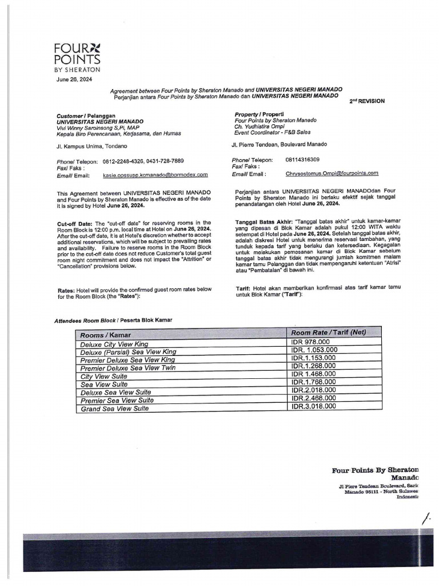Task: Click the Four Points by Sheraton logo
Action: tap(77, 56)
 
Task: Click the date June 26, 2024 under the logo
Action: tap(74, 80)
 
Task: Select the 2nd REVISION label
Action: tap(367, 101)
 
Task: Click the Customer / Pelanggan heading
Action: tap(86, 116)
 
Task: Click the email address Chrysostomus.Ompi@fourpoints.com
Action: tap(332, 173)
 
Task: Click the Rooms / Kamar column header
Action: tap(106, 335)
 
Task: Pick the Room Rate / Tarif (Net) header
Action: tap(328, 332)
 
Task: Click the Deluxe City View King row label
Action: tap(114, 344)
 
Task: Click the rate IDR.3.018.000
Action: tap(314, 406)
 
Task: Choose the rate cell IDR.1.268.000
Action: tap(314, 366)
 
